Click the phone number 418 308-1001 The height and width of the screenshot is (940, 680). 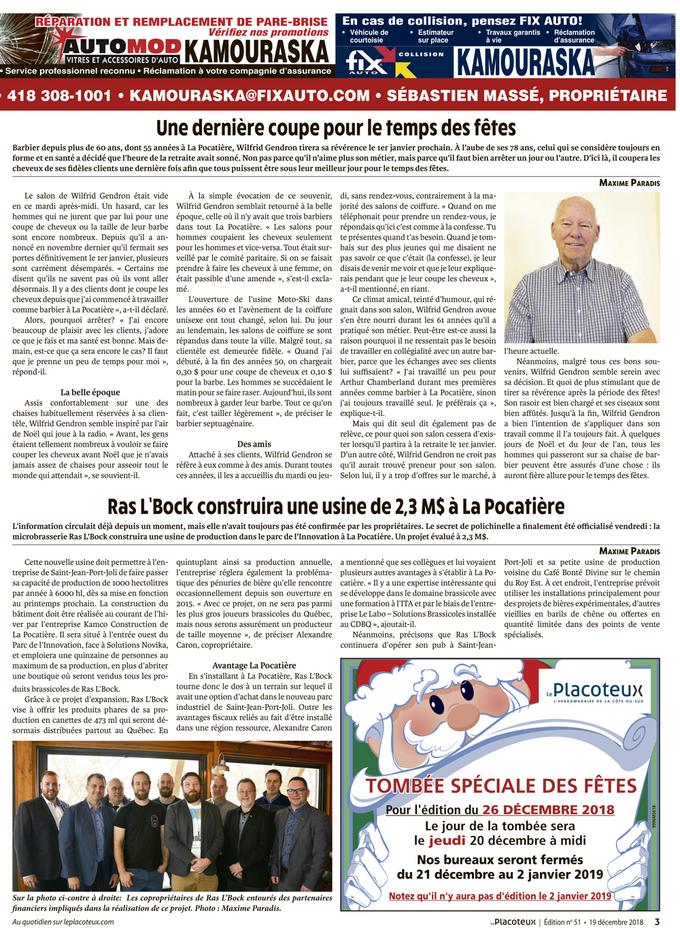(59, 96)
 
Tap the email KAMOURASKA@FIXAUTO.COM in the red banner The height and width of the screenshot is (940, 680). (250, 96)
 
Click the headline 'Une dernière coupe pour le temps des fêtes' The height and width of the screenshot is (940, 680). (336, 128)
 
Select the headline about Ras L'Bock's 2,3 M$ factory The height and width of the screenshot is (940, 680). (336, 506)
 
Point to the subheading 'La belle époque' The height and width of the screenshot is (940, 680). (90, 392)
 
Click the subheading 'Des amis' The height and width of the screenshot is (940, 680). (254, 444)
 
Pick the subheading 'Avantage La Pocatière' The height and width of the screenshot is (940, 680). (254, 665)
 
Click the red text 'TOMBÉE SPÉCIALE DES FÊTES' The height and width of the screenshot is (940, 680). (501, 786)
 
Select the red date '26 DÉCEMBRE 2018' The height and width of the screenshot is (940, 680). (548, 810)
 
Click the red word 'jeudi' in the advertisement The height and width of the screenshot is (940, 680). (447, 841)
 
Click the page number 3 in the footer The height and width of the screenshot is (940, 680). (657, 922)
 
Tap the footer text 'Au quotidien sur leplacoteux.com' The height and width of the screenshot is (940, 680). (63, 922)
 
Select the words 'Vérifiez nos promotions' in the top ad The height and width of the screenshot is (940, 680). (268, 33)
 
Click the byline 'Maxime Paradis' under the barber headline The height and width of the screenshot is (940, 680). (629, 182)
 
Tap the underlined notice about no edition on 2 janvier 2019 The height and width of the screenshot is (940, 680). (500, 896)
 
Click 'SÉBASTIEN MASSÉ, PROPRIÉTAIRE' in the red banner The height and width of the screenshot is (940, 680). (527, 96)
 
